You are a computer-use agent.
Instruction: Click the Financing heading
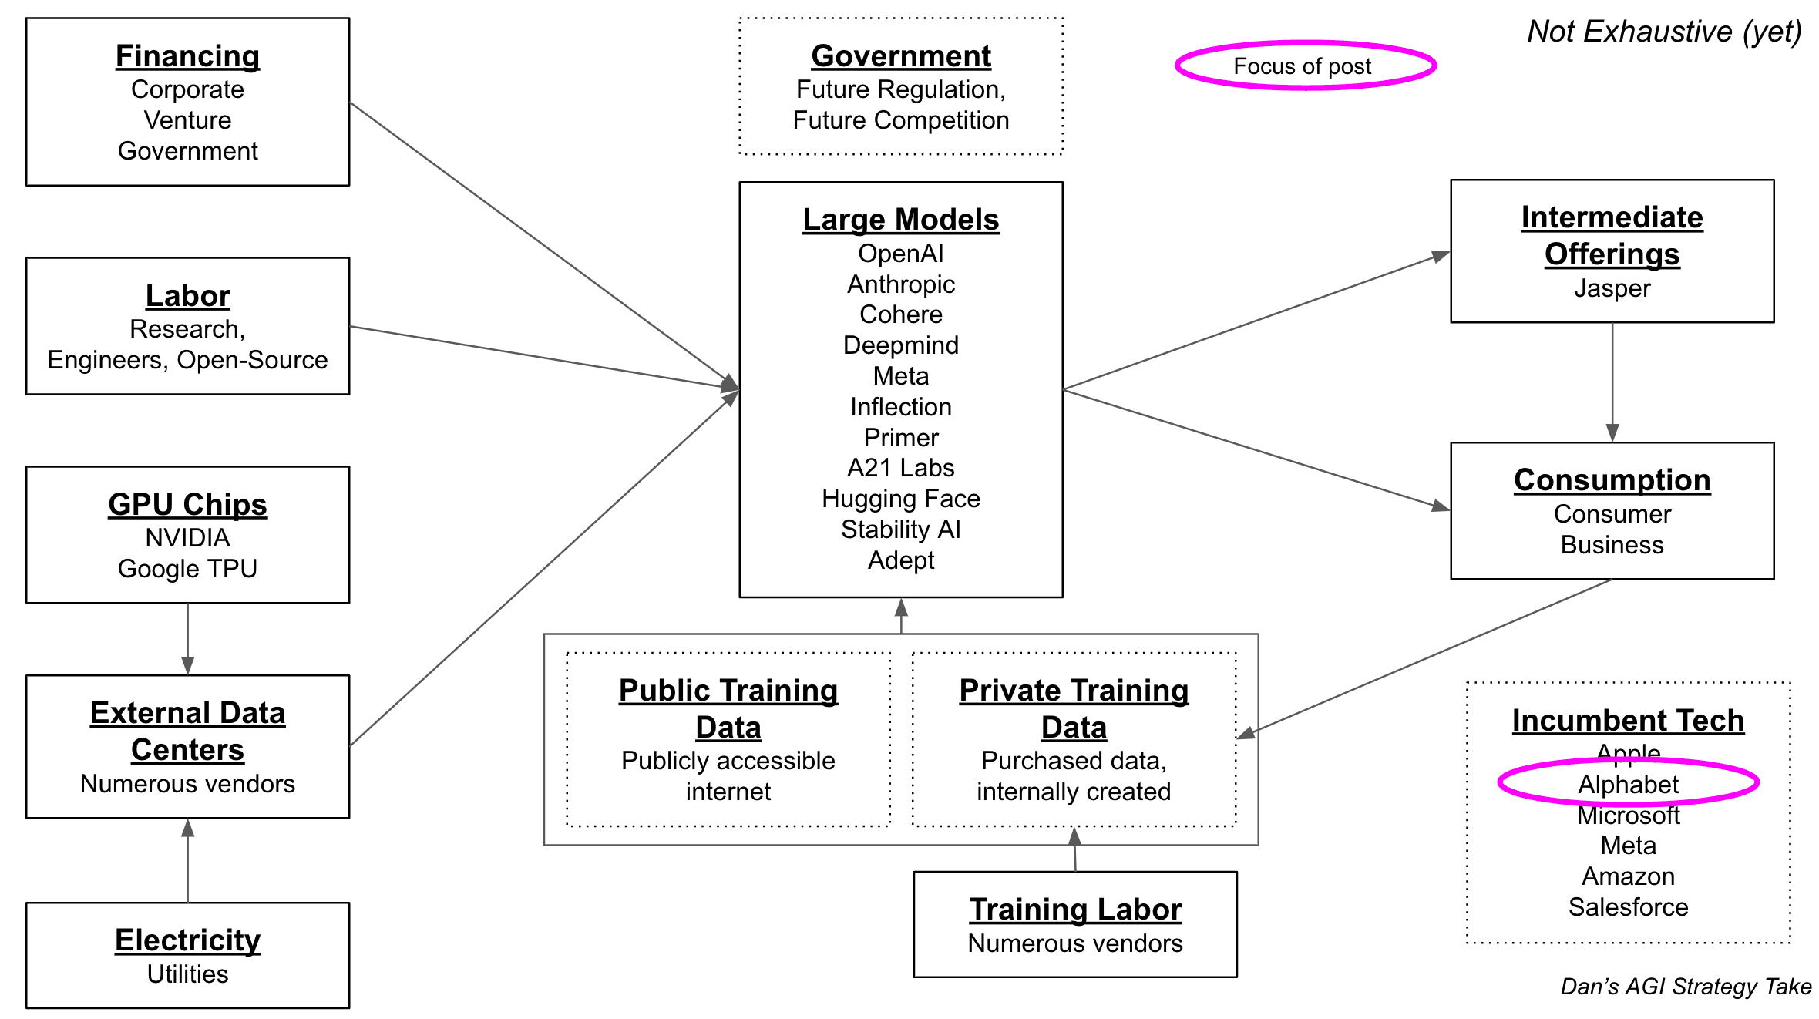[x=187, y=56]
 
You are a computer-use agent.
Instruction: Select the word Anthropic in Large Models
[x=900, y=284]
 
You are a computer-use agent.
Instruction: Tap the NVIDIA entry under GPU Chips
[x=187, y=538]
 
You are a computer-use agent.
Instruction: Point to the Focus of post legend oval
[x=1305, y=66]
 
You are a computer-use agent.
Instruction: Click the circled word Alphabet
[x=1628, y=784]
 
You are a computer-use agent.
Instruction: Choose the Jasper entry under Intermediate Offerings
[x=1612, y=288]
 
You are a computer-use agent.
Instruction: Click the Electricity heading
[x=187, y=940]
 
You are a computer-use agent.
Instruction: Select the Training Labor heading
[x=1075, y=910]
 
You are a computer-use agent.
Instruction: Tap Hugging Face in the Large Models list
[x=900, y=499]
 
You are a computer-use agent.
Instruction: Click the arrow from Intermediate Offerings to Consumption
[x=1612, y=382]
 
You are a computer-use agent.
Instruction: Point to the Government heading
[x=900, y=56]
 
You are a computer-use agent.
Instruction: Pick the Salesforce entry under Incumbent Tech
[x=1628, y=907]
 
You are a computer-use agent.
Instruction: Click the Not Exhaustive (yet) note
[x=1664, y=32]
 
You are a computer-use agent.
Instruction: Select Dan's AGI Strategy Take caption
[x=1686, y=987]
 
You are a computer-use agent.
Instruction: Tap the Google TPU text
[x=187, y=569]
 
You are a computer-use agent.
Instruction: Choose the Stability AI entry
[x=900, y=530]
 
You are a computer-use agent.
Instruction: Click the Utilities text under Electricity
[x=187, y=974]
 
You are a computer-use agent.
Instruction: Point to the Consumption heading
[x=1612, y=480]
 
